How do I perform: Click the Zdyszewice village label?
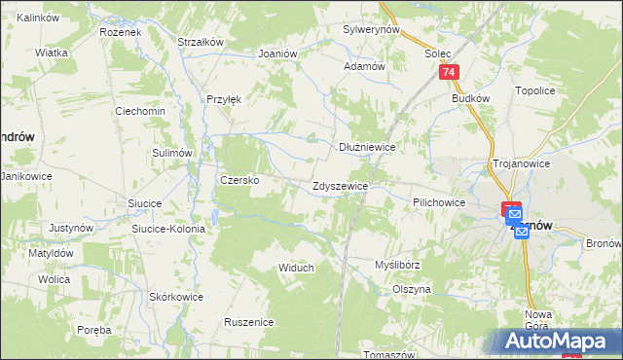[340, 186]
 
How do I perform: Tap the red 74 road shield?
[448, 73]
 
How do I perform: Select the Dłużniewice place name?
[366, 147]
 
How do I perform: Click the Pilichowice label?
[438, 201]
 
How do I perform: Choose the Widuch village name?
[296, 268]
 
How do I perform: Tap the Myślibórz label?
[397, 265]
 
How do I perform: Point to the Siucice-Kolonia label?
[168, 229]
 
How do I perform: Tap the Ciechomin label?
[140, 111]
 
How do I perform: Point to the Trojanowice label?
[522, 163]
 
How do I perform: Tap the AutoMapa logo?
[559, 342]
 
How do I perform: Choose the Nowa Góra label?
[538, 320]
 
